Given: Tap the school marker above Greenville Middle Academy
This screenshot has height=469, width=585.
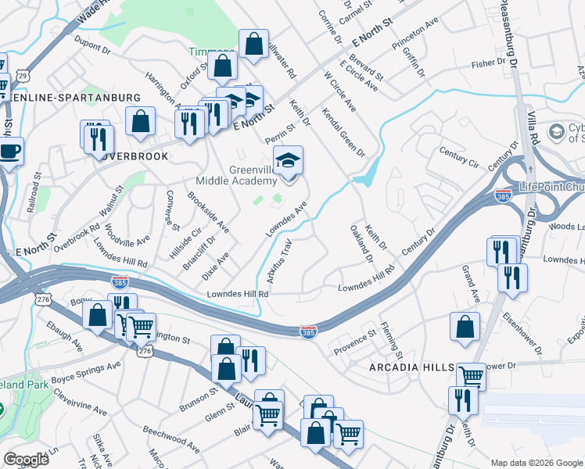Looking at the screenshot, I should click(289, 162).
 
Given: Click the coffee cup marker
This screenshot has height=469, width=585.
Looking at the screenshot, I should click(9, 151).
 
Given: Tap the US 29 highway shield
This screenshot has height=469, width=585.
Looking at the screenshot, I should click(24, 75).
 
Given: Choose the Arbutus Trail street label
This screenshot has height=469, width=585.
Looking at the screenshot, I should click(280, 257).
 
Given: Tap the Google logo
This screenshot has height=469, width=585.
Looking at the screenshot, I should click(26, 460).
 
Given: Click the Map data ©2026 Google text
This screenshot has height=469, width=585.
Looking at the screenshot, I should click(536, 463).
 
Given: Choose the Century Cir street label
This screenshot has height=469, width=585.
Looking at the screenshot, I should click(459, 156).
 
